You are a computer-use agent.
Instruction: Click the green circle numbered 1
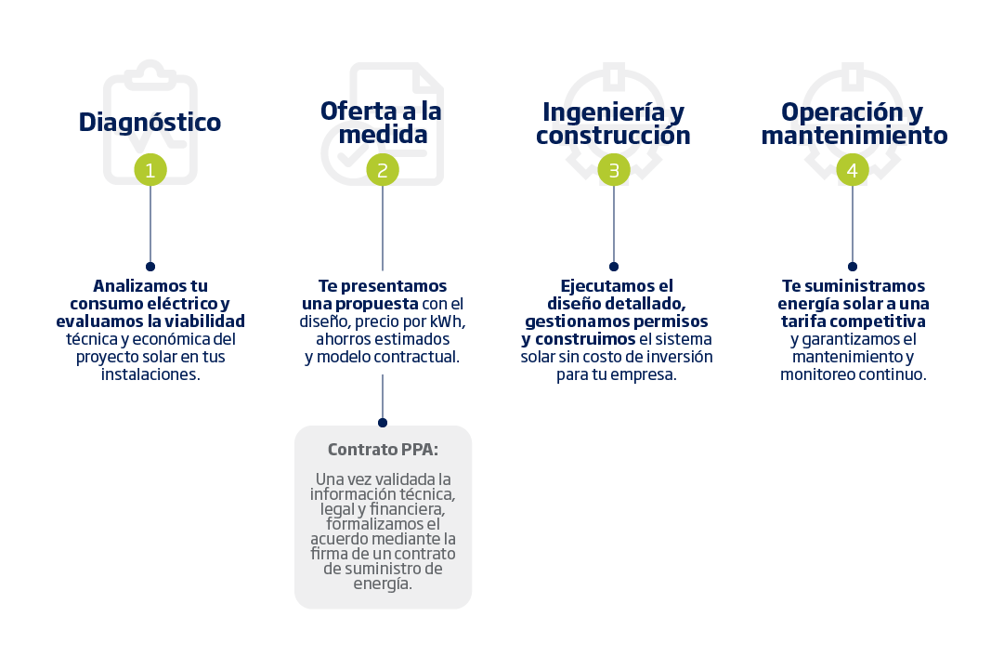(150, 170)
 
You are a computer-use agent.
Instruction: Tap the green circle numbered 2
(383, 170)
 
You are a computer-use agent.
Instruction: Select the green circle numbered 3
(613, 170)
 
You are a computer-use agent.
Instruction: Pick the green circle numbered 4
(853, 170)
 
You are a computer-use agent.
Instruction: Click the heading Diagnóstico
(150, 123)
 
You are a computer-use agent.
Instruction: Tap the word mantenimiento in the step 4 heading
(854, 136)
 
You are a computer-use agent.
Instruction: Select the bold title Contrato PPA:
(383, 449)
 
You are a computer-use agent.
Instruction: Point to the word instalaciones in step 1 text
(150, 374)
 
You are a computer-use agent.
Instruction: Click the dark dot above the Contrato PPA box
(383, 422)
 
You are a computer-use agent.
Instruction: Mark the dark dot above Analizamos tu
(150, 267)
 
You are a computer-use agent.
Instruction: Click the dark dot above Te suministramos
(853, 267)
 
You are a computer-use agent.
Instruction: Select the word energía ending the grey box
(383, 584)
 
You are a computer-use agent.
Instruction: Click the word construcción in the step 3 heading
(613, 136)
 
